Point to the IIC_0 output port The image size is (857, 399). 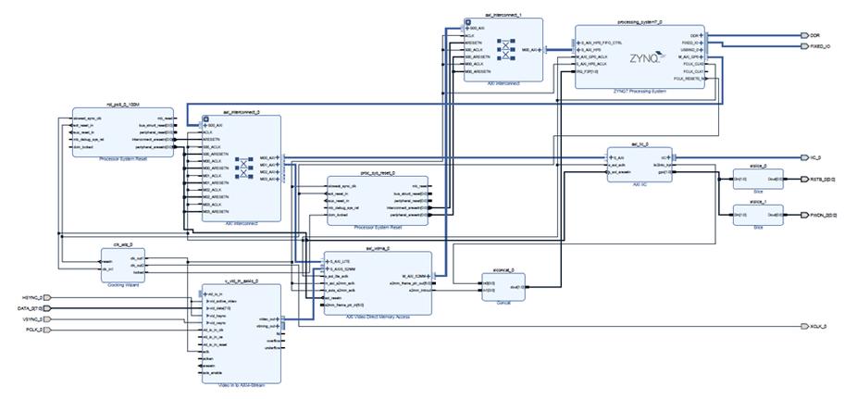815,157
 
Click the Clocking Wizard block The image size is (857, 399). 124,265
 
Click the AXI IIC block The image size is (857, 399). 639,165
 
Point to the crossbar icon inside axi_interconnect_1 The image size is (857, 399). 505,50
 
